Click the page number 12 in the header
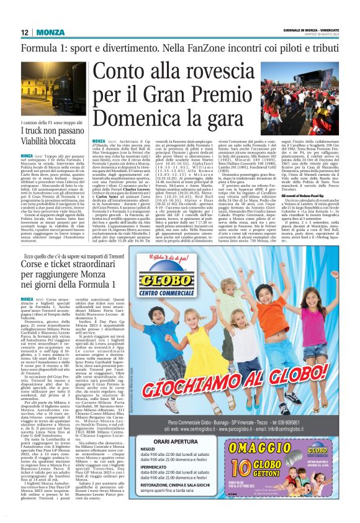pyautogui.click(x=23, y=32)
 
